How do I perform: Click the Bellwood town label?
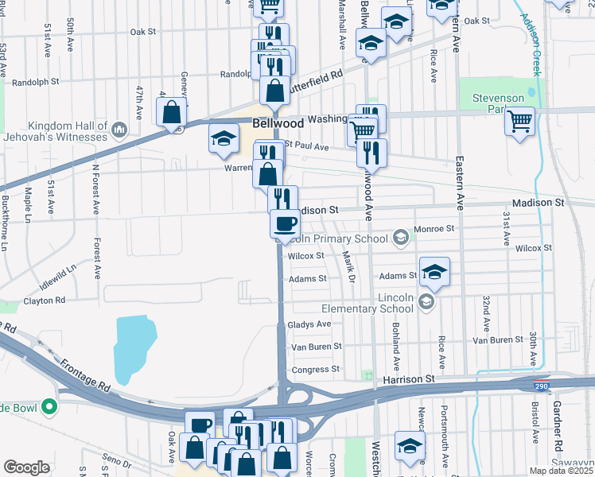click(278, 124)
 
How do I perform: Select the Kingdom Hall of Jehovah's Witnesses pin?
click(119, 129)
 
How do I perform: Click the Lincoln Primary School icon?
click(402, 237)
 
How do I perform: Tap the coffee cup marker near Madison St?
click(285, 224)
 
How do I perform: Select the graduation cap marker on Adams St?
click(434, 272)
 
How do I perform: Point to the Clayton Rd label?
click(44, 301)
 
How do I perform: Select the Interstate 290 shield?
click(541, 386)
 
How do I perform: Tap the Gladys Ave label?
click(309, 324)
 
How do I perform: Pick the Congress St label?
click(315, 369)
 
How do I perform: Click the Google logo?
click(26, 467)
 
